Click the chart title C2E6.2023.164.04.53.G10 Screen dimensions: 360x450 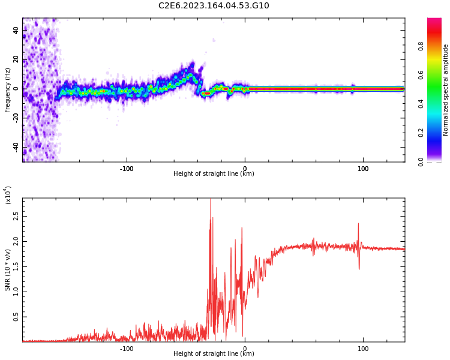click(214, 5)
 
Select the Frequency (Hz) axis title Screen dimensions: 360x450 click(8, 90)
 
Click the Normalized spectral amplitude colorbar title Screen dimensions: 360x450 click(446, 90)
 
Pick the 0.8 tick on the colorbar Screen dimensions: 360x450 click(437, 46)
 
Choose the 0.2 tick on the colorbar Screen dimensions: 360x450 click(437, 133)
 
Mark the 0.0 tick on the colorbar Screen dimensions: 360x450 click(437, 161)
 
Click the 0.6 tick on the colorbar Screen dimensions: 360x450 click(437, 75)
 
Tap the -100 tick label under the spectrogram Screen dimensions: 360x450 click(126, 169)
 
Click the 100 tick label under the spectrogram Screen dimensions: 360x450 click(363, 169)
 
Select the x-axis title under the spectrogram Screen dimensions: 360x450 click(214, 174)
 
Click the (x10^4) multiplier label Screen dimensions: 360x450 click(8, 195)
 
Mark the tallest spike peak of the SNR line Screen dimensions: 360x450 click(210, 200)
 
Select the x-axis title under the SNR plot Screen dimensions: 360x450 click(214, 354)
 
